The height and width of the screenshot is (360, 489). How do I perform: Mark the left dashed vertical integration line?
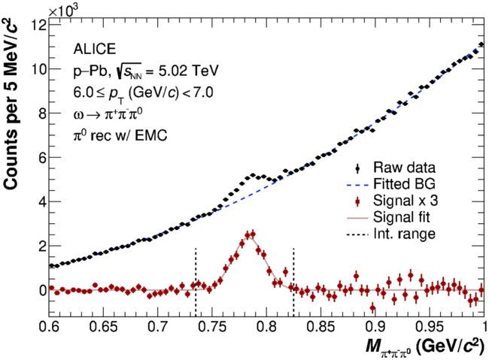point(196,286)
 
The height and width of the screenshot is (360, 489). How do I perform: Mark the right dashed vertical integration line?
point(293,286)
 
